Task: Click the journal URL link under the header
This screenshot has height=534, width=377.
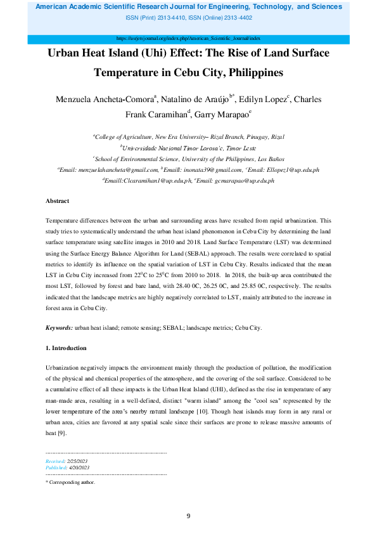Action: pyautogui.click(x=188, y=39)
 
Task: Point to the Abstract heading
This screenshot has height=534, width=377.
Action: pyautogui.click(x=58, y=200)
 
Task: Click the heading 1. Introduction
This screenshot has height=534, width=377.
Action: pyautogui.click(x=66, y=348)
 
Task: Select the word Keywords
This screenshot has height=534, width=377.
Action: pyautogui.click(x=59, y=328)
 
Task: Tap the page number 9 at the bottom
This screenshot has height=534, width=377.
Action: pyautogui.click(x=188, y=516)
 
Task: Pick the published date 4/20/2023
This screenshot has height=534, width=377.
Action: pyautogui.click(x=79, y=467)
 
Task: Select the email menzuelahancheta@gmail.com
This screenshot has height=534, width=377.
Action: pyautogui.click(x=125, y=171)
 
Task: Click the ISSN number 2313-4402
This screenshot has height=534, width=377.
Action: pyautogui.click(x=238, y=17)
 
